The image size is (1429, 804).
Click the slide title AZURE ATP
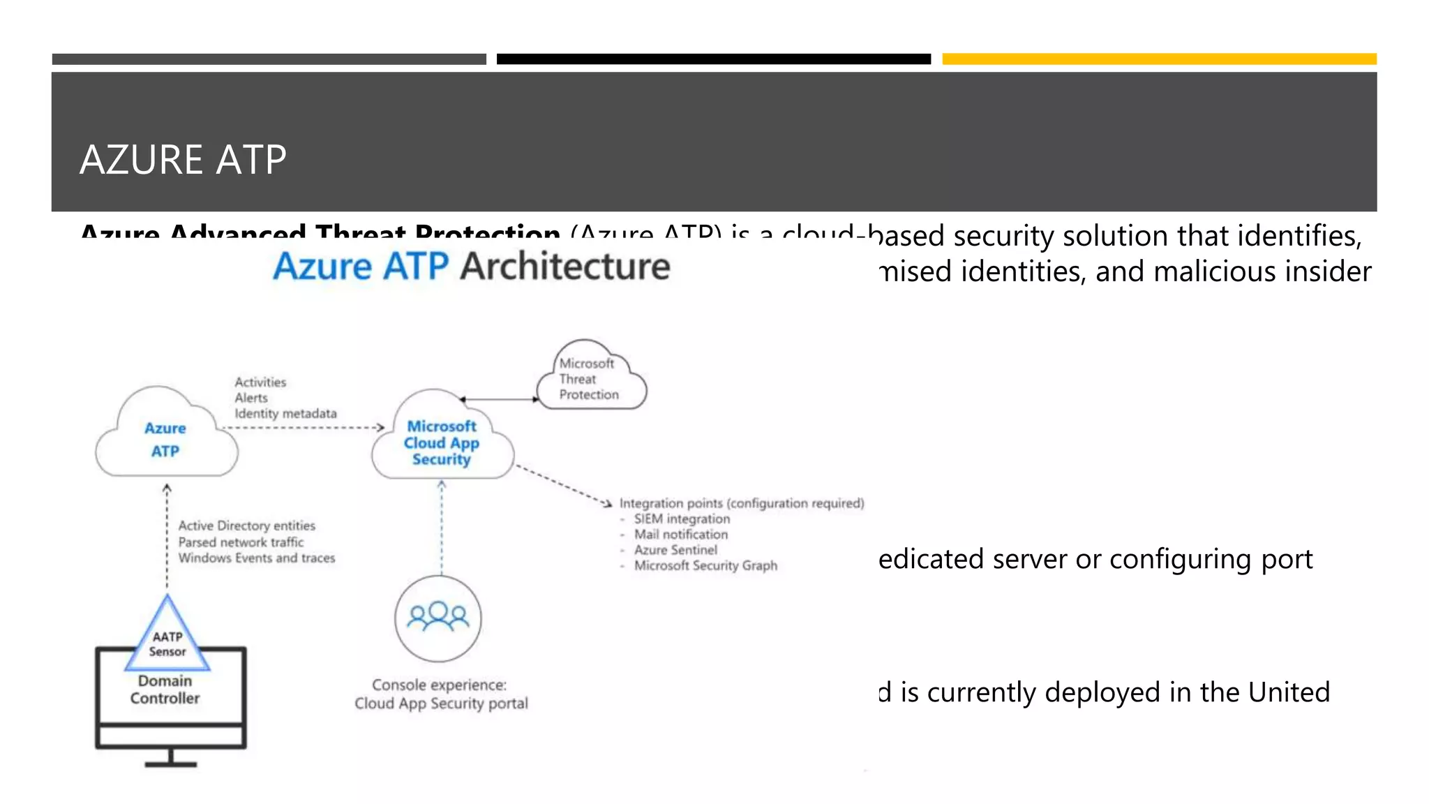coord(183,160)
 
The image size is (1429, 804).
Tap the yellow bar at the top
coord(1159,59)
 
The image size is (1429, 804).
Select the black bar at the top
coord(713,59)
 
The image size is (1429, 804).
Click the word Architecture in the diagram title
coord(565,267)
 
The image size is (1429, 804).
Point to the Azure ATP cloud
coord(166,439)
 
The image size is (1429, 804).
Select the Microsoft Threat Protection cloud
coord(590,379)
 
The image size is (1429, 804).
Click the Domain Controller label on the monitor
coord(165,690)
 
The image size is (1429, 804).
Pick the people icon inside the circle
coord(438,617)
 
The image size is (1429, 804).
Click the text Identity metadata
coord(285,414)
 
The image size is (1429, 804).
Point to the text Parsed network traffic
coord(241,542)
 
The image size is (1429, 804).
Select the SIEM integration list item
coord(682,519)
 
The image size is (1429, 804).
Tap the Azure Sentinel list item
coord(675,550)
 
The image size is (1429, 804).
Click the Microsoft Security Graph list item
coord(705,566)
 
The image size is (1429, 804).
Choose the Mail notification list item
coord(680,535)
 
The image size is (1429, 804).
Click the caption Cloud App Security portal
coord(441,703)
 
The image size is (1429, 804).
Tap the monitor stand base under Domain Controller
coord(171,764)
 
